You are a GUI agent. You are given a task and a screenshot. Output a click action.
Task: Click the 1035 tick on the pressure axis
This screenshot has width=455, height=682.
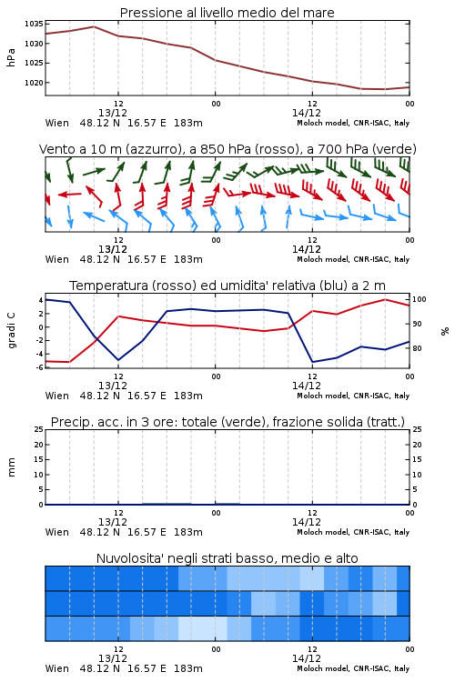(x=34, y=24)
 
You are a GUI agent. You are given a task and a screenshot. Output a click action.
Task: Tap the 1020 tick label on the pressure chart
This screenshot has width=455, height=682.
(x=34, y=83)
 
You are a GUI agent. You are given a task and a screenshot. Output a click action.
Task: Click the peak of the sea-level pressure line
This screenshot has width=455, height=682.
(x=94, y=26)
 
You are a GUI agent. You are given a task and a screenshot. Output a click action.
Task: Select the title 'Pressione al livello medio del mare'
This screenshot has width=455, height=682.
(x=227, y=13)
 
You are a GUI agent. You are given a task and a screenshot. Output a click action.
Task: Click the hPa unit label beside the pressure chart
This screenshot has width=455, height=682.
(x=11, y=57)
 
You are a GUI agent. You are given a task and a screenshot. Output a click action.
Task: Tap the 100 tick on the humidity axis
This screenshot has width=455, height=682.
(x=420, y=299)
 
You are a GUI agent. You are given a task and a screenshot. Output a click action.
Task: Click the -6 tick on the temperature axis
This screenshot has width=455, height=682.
(x=40, y=367)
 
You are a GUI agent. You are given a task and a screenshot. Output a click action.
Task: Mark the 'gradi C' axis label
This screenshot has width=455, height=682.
(x=11, y=330)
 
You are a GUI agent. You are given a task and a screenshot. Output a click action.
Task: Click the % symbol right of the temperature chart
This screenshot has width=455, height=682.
(x=445, y=331)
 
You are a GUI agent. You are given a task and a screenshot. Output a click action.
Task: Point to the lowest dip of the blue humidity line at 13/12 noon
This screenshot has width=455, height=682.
(x=118, y=360)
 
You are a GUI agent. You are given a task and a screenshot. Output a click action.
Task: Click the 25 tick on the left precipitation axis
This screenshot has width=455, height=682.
(x=39, y=429)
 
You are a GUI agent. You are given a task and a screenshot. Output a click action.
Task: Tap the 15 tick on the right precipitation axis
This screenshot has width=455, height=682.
(x=417, y=459)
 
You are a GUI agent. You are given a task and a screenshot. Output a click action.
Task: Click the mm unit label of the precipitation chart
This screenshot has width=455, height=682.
(x=11, y=467)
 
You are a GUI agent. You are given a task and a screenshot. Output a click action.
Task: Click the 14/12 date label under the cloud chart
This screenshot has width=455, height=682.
(x=307, y=658)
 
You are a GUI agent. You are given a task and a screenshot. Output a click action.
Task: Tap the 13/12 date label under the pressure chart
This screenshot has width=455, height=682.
(x=113, y=113)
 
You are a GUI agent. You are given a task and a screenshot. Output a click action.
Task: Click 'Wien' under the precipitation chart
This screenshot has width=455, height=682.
(x=57, y=532)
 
